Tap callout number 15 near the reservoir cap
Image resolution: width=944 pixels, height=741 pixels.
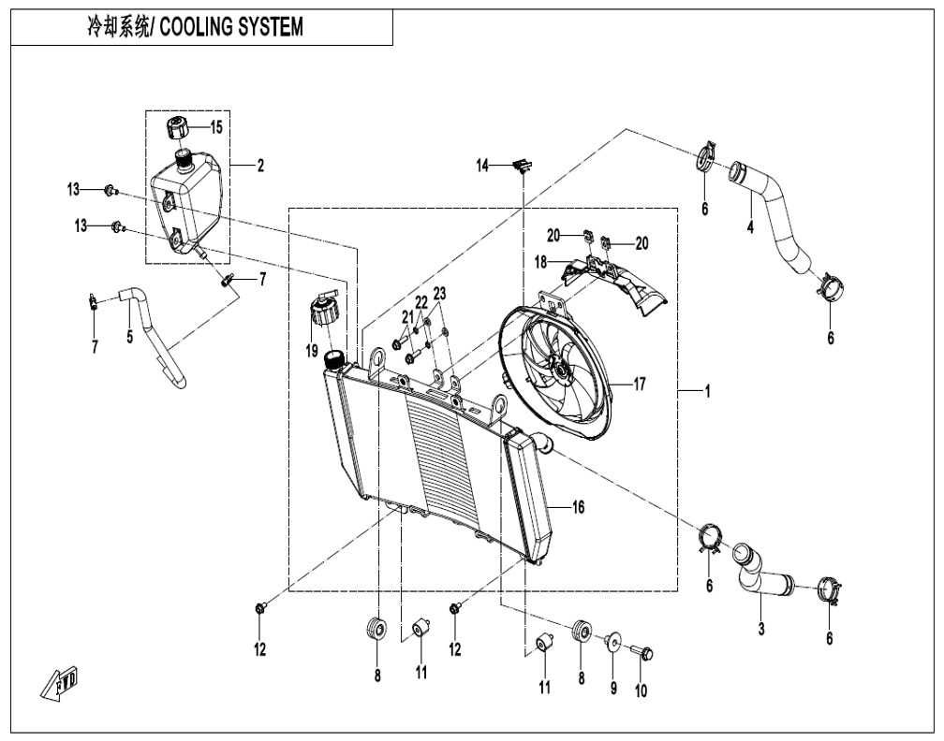coord(216,126)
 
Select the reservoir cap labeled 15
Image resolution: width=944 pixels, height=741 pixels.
coord(179,126)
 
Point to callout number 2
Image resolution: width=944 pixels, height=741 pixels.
coord(259,167)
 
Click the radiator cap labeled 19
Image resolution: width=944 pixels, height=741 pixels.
coord(324,310)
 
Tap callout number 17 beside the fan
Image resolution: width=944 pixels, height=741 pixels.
coord(641,383)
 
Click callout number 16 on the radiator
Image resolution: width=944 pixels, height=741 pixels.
coord(578,506)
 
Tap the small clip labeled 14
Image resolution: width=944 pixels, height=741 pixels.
coord(521,166)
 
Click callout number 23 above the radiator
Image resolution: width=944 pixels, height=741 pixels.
coord(440,293)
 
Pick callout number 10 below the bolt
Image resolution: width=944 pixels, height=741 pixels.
coord(642,691)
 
